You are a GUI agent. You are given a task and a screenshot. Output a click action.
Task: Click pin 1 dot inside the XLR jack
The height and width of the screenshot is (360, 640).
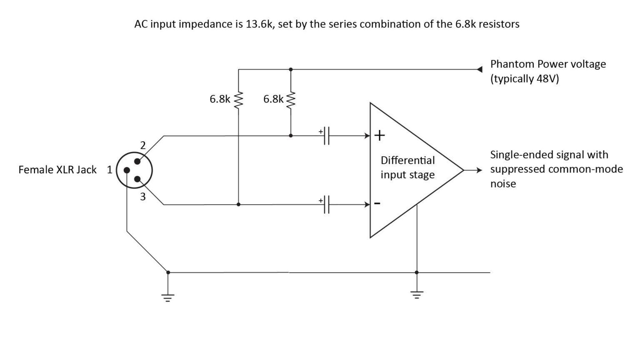click(126, 170)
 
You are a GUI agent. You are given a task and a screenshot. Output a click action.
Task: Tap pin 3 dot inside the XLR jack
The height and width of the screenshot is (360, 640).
click(138, 179)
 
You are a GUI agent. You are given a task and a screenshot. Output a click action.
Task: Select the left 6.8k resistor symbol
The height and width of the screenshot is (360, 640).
click(238, 99)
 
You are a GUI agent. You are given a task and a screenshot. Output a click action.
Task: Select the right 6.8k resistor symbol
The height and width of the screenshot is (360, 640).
click(291, 99)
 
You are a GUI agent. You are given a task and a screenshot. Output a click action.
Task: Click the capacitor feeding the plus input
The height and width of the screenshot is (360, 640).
click(326, 135)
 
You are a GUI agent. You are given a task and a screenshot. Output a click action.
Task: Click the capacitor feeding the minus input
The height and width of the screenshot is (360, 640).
click(326, 205)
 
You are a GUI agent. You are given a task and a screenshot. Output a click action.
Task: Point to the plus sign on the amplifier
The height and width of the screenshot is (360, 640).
click(380, 135)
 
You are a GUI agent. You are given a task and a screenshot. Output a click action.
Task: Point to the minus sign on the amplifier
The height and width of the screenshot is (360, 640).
click(377, 203)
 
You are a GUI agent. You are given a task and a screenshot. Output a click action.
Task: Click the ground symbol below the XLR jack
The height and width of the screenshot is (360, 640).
click(168, 297)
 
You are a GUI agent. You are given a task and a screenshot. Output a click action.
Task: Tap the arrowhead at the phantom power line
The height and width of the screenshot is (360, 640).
click(480, 69)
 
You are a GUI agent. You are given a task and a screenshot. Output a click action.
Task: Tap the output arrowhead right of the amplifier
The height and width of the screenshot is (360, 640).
click(479, 170)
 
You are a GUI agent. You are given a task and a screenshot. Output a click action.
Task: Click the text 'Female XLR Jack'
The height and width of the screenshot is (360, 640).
click(57, 170)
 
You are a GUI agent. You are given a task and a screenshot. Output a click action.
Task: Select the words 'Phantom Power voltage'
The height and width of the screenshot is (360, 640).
click(548, 64)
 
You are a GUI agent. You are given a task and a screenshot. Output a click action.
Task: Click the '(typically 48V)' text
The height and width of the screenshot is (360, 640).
click(524, 79)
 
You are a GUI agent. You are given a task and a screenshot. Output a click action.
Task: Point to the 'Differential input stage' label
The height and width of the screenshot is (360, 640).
click(407, 167)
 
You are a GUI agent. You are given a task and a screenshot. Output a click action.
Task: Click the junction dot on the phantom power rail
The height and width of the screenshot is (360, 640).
click(291, 69)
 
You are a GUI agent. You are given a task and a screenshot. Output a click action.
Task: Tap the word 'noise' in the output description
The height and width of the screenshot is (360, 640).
click(503, 184)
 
